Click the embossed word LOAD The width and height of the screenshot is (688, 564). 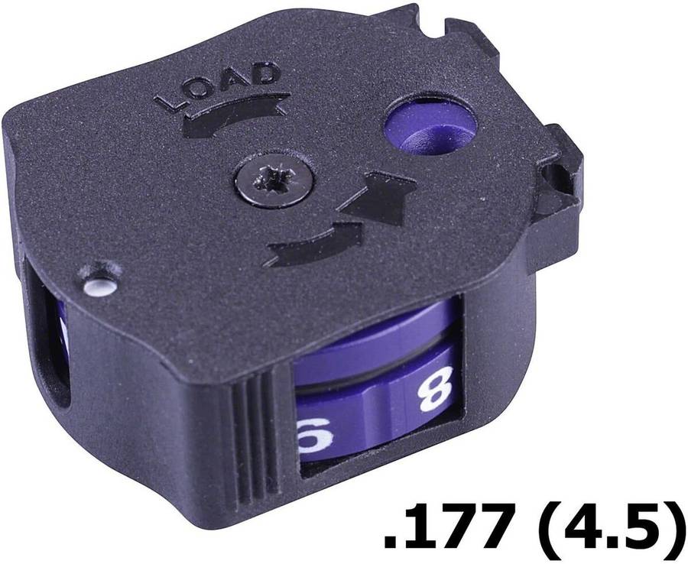click(217, 86)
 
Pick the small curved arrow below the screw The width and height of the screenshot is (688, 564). click(313, 243)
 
